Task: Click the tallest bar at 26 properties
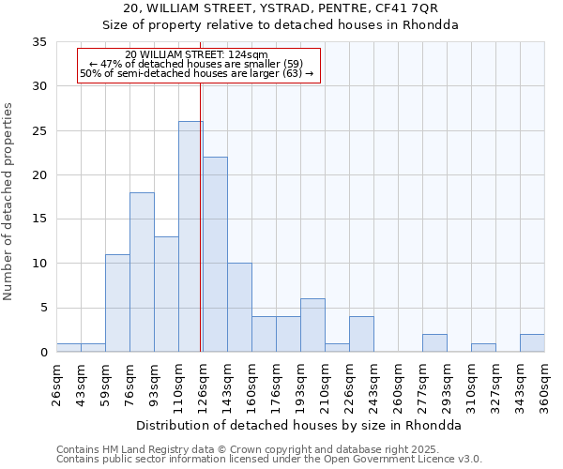point(190,236)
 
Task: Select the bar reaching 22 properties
point(215,254)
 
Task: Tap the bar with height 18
point(142,272)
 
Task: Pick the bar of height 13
point(166,295)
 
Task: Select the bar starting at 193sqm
point(312,325)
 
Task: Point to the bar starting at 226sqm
point(361,334)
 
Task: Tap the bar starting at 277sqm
point(434,343)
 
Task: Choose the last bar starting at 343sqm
point(532,343)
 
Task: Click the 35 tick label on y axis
point(39,42)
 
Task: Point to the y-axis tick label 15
point(39,219)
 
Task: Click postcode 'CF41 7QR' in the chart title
point(404,8)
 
